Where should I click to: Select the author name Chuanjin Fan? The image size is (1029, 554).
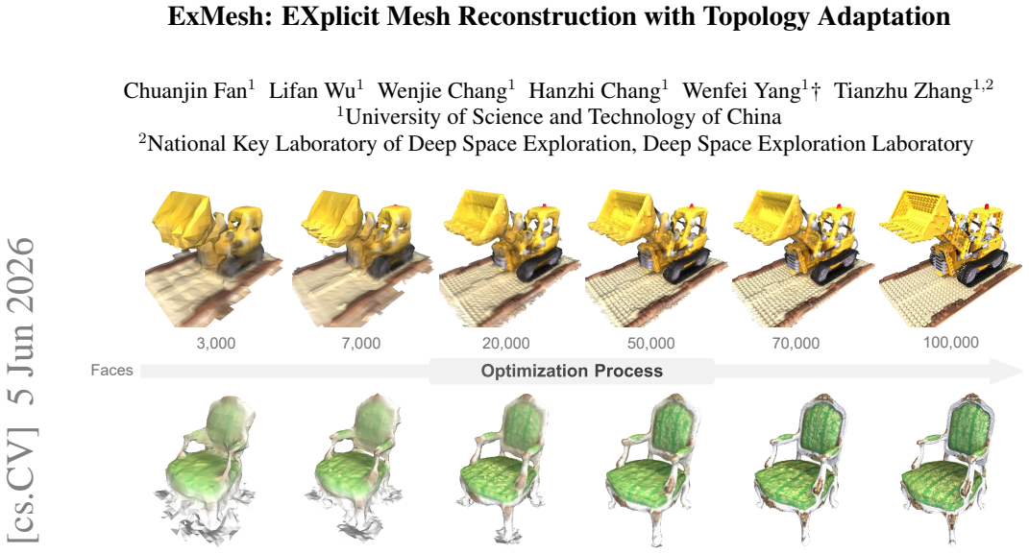185,91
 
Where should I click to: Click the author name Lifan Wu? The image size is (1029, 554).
312,91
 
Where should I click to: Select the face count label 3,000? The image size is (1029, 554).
216,344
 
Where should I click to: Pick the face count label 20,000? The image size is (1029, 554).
506,344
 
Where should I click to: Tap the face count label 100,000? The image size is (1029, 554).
951,342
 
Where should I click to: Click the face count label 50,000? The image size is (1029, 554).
651,344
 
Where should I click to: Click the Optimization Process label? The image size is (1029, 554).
572,371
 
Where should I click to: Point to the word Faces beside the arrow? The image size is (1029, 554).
111,371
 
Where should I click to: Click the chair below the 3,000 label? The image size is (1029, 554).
205,470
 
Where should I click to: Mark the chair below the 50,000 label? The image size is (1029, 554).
653,470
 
